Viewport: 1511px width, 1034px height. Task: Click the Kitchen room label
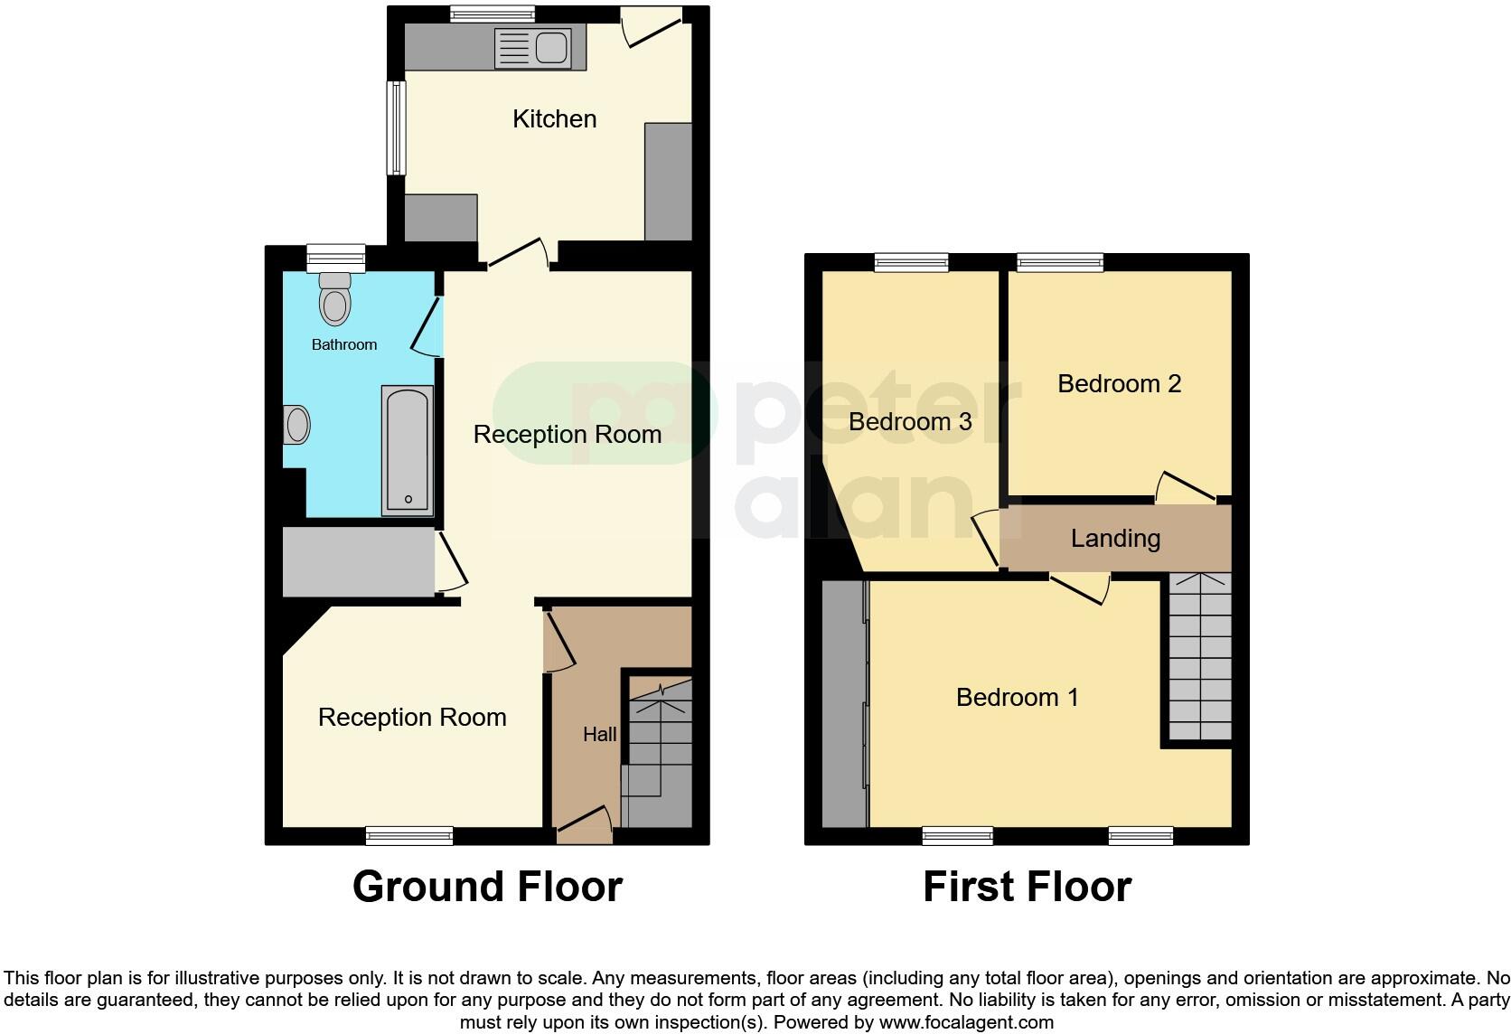(554, 119)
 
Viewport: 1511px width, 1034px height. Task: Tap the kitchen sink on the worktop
(533, 48)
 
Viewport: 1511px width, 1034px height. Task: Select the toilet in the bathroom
(335, 300)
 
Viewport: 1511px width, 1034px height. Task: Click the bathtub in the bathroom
(408, 450)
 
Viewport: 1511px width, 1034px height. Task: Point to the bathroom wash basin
(296, 425)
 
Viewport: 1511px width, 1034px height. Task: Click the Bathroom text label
(343, 344)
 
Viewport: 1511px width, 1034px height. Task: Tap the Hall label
(599, 735)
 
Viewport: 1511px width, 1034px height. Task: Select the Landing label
(1115, 539)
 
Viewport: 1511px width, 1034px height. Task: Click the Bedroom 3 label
(910, 422)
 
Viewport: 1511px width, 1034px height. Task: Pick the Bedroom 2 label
(1119, 384)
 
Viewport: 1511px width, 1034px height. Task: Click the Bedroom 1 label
(1017, 698)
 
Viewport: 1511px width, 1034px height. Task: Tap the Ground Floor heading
(487, 887)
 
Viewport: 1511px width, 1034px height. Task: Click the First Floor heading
(1027, 887)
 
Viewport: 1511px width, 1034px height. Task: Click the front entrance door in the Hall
(584, 823)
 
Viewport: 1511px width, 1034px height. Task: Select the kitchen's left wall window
(396, 127)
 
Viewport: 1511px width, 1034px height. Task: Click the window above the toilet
(335, 258)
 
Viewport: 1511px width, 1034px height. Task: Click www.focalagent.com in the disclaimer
(966, 1023)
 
